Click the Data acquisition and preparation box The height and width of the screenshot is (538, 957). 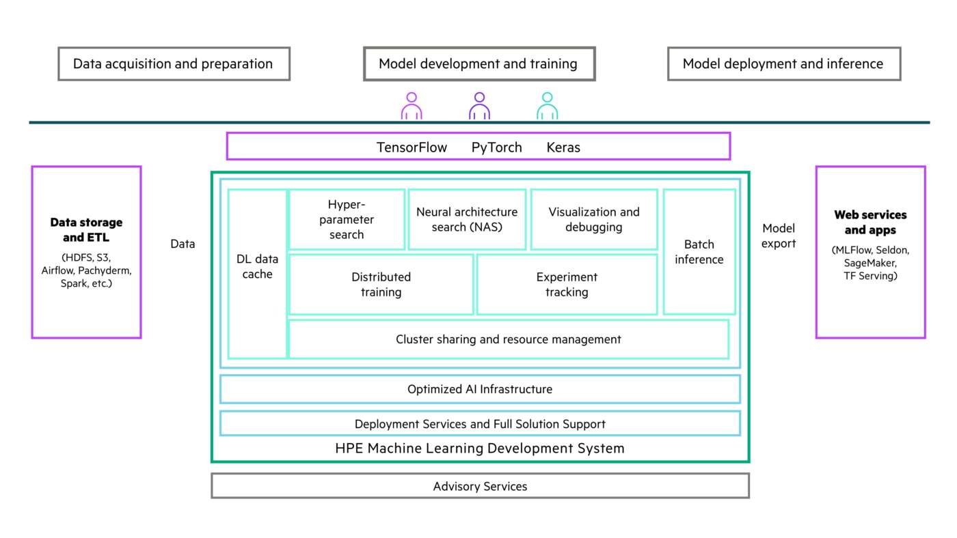[174, 64]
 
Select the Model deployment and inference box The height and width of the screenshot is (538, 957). [783, 64]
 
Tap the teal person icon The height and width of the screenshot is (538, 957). [547, 107]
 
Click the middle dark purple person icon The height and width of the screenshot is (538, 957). [479, 107]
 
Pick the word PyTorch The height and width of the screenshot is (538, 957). [496, 147]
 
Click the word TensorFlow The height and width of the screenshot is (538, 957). [412, 147]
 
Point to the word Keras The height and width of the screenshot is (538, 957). [563, 147]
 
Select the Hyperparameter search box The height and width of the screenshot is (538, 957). [347, 219]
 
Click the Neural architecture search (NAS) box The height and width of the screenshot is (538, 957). [467, 219]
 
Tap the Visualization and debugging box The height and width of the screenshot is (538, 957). [594, 219]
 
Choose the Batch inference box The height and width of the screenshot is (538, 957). [699, 252]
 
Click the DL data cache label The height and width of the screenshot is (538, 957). [257, 266]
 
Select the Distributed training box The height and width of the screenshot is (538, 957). [381, 285]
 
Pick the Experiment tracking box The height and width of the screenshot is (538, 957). [567, 285]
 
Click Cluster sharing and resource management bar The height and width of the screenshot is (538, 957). [508, 339]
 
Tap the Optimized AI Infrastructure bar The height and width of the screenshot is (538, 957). [480, 389]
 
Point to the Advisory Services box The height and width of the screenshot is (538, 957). [480, 486]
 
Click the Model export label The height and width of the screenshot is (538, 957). [779, 236]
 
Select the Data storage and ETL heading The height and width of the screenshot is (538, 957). [86, 230]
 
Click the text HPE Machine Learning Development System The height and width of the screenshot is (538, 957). [480, 449]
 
